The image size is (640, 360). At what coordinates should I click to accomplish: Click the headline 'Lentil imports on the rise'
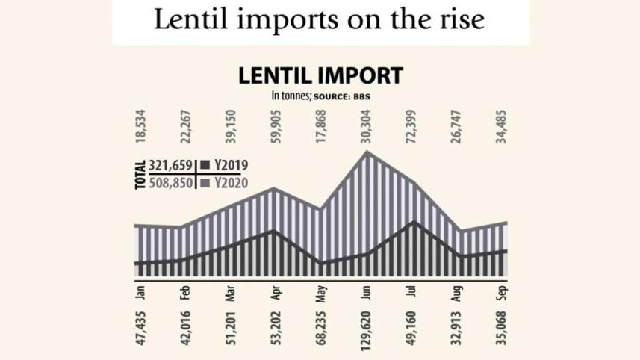click(320, 20)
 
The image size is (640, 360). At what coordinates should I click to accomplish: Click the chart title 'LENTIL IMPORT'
click(320, 75)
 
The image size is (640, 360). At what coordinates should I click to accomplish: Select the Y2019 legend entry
click(225, 165)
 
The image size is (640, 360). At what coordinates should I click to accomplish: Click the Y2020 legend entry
click(225, 182)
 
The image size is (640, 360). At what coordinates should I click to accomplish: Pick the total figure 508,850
click(171, 182)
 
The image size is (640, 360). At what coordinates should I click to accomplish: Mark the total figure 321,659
click(171, 165)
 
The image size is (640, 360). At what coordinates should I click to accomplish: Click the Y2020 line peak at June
click(367, 152)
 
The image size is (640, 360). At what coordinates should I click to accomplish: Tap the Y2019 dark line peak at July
click(412, 222)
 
